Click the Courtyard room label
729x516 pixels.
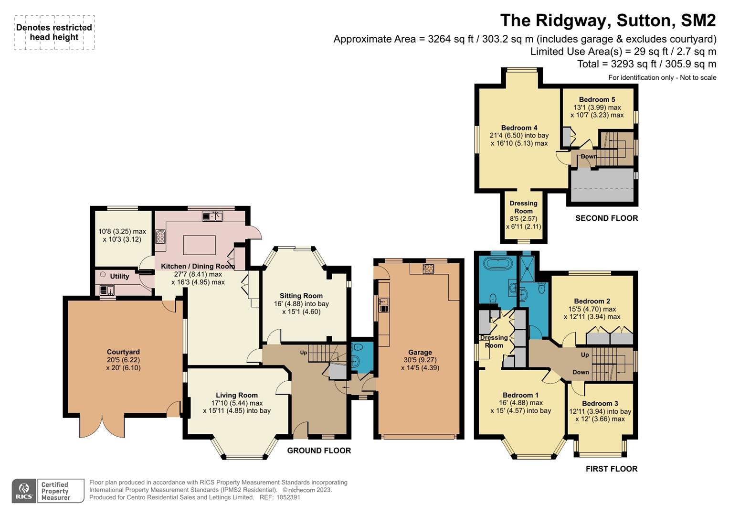(x=123, y=352)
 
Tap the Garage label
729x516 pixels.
(x=420, y=352)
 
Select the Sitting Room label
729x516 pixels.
(x=301, y=296)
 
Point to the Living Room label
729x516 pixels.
(x=237, y=395)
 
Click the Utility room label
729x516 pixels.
(x=119, y=276)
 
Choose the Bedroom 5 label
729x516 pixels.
(x=597, y=100)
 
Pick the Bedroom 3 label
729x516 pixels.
(x=600, y=403)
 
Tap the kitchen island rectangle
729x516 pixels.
(x=200, y=245)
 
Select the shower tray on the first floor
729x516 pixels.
(x=527, y=269)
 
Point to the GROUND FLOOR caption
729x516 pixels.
(x=319, y=451)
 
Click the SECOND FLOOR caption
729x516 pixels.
(x=607, y=218)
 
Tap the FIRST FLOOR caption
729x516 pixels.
(x=612, y=469)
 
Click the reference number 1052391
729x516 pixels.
(x=288, y=497)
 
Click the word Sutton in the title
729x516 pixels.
(x=644, y=21)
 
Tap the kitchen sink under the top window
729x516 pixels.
(x=212, y=216)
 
